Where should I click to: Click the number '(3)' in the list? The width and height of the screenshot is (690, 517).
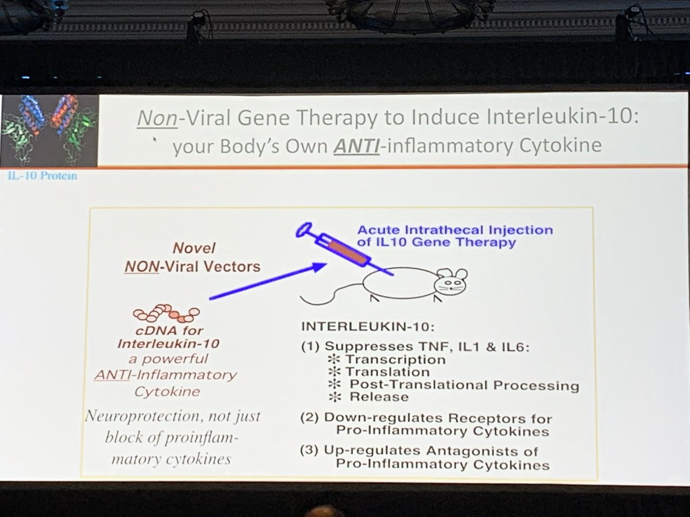tap(310, 452)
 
